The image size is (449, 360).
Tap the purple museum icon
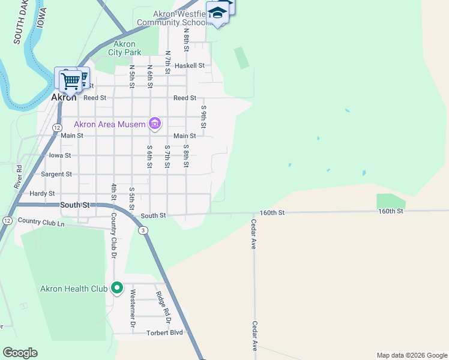point(155,124)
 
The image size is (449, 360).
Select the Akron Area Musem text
point(109,125)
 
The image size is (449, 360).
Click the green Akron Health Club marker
point(116,289)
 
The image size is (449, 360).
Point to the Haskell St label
point(190,65)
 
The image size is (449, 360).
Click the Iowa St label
point(59,155)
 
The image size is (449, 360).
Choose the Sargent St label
point(56,175)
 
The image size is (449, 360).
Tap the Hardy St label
point(42,194)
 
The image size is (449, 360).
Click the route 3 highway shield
point(143,230)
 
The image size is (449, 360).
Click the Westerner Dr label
point(133,310)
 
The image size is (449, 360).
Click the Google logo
point(20,353)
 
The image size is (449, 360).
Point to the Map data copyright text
point(412,355)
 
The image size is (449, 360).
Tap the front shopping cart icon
point(70,81)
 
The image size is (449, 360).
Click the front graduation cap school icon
point(217,13)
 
